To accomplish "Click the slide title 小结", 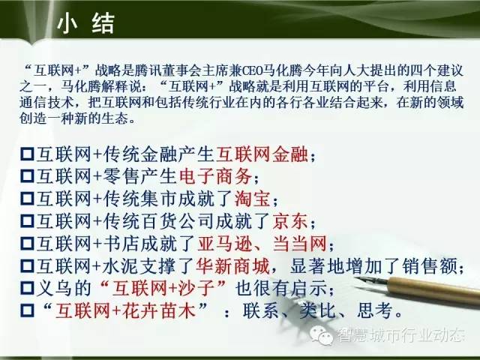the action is point(85,23).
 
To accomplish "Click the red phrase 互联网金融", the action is point(262,153).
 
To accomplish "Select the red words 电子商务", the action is point(215,176).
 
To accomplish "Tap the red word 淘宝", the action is point(253,198).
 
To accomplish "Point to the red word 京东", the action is point(290,221).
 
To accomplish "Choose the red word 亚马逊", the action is point(225,244).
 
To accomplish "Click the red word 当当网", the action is point(300,244).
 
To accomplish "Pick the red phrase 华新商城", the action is point(232,266).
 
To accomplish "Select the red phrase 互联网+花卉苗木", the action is point(125,310).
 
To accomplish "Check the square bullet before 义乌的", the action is point(27,288).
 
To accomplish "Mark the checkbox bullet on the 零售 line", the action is point(27,176).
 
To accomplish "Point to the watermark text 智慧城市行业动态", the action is point(401,334).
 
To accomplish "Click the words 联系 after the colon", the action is point(261,311).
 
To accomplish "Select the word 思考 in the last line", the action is point(375,311).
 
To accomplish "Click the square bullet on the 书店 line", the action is point(27,244).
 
